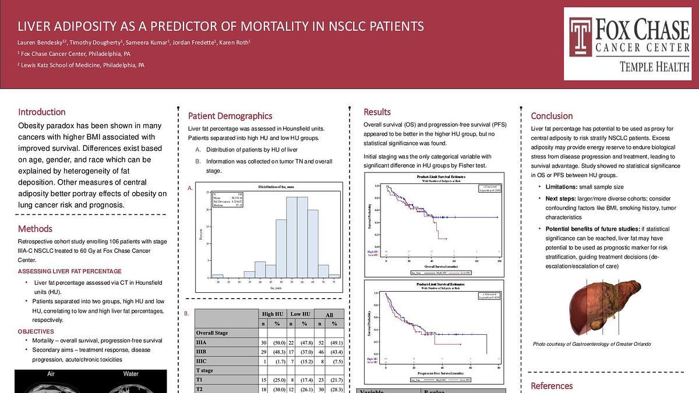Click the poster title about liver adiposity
[x=221, y=26]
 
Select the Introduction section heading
[x=41, y=112]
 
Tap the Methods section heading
[x=35, y=229]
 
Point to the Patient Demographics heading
[x=230, y=116]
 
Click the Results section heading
[x=377, y=112]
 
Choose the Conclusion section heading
[x=552, y=116]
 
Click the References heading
[x=552, y=385]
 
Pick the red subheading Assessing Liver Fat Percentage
[x=70, y=271]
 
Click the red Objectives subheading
[x=36, y=331]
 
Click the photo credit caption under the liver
[x=592, y=344]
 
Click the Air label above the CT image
[x=51, y=374]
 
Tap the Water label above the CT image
[x=131, y=374]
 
